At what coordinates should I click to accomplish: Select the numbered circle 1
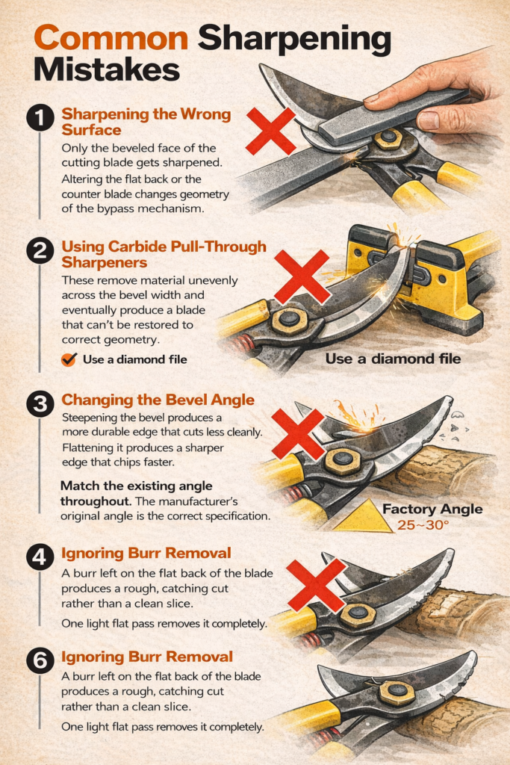coord(39,118)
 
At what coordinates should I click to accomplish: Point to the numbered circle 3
coord(39,403)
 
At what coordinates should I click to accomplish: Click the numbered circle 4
coord(39,557)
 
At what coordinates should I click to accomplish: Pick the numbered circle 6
coord(39,660)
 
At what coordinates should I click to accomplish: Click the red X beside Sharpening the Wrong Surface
coord(270,130)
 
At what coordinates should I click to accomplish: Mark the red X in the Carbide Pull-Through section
coord(301,276)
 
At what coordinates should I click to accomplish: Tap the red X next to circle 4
coord(316,584)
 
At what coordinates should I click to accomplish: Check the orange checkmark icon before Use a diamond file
coord(69,359)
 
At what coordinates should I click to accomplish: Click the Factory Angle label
coord(432,510)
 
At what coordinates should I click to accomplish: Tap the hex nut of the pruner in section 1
coord(388,138)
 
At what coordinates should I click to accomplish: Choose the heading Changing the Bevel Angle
coord(158,400)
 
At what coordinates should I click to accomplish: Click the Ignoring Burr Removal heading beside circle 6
coord(147,657)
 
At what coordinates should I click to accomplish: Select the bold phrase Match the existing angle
coord(119,486)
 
